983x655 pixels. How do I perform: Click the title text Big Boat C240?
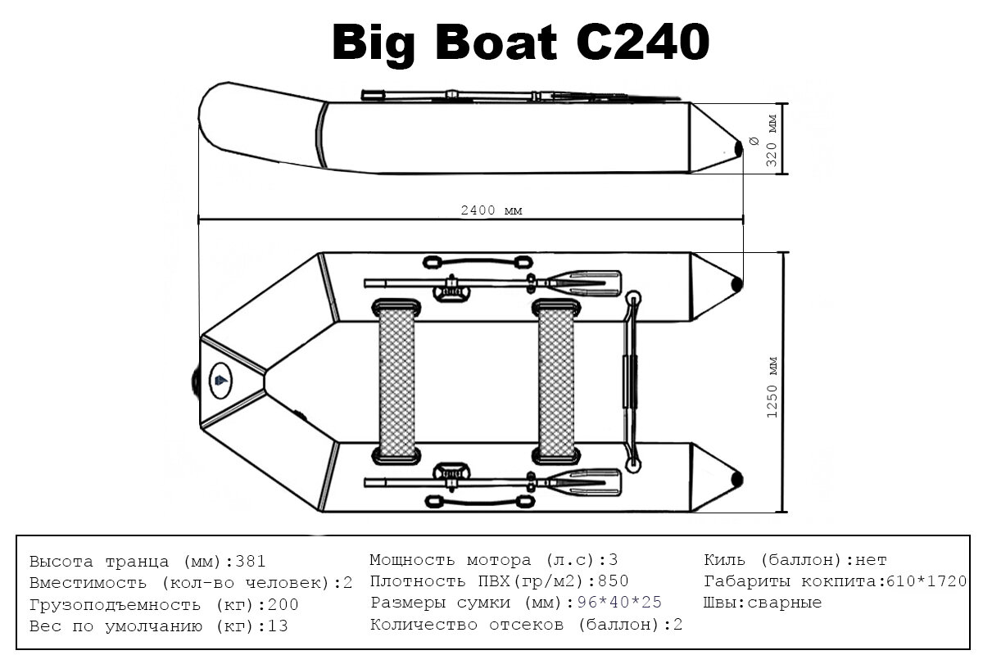pyautogui.click(x=519, y=42)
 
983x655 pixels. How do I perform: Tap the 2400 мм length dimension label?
pyautogui.click(x=491, y=210)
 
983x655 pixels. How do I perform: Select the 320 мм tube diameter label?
pyautogui.click(x=771, y=140)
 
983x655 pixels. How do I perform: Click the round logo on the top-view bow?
pyautogui.click(x=220, y=379)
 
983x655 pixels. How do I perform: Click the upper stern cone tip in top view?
pyautogui.click(x=737, y=284)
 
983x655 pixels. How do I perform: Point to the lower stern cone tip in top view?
pyautogui.click(x=737, y=479)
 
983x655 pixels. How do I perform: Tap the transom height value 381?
pyautogui.click(x=251, y=562)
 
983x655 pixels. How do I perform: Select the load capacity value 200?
pyautogui.click(x=283, y=606)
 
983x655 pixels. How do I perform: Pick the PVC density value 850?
pyautogui.click(x=614, y=582)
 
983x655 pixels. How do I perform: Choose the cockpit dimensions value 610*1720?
pyautogui.click(x=922, y=582)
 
